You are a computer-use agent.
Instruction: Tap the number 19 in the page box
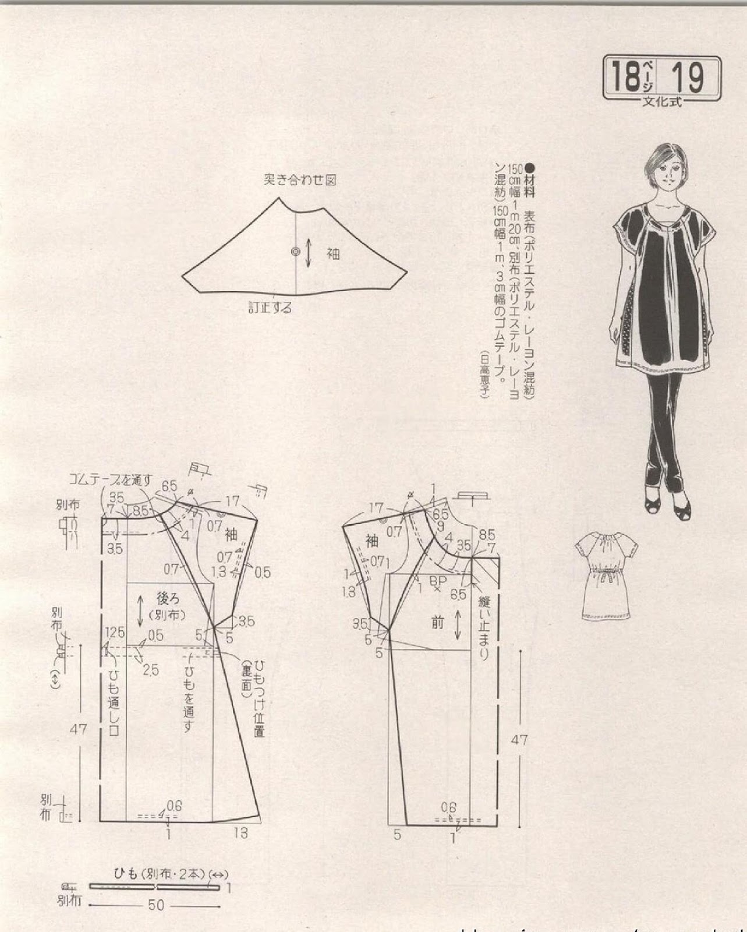click(x=688, y=76)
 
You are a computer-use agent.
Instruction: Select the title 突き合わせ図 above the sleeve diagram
click(x=300, y=180)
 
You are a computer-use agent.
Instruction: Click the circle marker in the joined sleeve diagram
click(x=296, y=252)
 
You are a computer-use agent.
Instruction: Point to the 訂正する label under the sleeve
click(x=270, y=307)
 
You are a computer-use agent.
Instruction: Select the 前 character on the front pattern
click(x=438, y=623)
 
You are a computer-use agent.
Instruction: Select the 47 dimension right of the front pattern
click(x=519, y=739)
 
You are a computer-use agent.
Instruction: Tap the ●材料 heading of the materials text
click(x=529, y=180)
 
